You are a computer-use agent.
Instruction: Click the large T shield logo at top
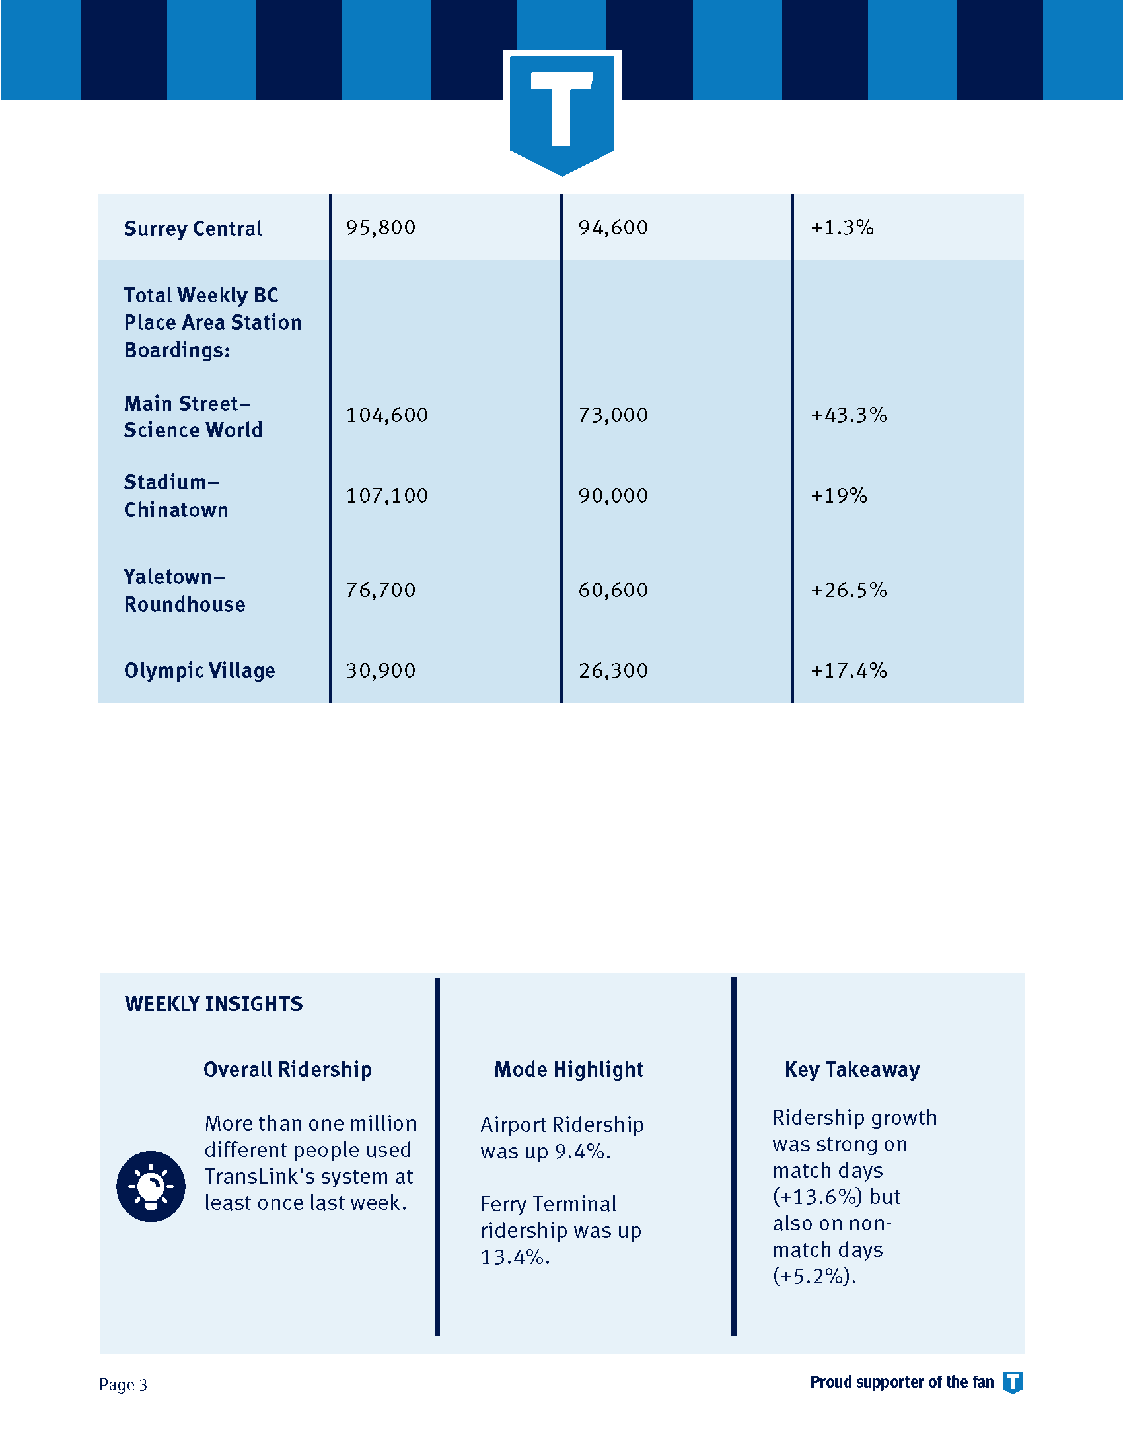click(x=561, y=113)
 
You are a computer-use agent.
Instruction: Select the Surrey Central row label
click(x=193, y=229)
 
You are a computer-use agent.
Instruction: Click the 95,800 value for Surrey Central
click(x=380, y=228)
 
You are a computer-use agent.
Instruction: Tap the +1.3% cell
click(x=842, y=228)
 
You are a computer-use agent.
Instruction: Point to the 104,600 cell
click(x=386, y=415)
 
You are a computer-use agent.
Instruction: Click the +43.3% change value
click(x=848, y=415)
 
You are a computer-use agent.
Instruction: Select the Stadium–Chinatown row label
click(x=176, y=495)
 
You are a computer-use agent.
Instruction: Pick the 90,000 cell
click(x=613, y=495)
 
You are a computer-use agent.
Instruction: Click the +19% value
click(x=838, y=495)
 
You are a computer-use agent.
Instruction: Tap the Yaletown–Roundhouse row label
click(x=184, y=590)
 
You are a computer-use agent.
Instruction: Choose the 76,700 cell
click(x=380, y=590)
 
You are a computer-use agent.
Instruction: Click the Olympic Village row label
click(x=199, y=670)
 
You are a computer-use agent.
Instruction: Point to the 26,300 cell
click(x=613, y=670)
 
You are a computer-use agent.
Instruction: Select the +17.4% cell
click(x=848, y=670)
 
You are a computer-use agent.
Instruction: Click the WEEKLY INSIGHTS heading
click(x=213, y=1004)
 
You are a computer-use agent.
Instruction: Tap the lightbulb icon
click(x=151, y=1186)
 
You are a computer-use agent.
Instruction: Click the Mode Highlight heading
click(x=569, y=1070)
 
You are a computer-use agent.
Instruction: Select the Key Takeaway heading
click(x=852, y=1070)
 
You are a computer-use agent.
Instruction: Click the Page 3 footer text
click(x=123, y=1384)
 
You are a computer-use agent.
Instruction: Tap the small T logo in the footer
click(x=1013, y=1382)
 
